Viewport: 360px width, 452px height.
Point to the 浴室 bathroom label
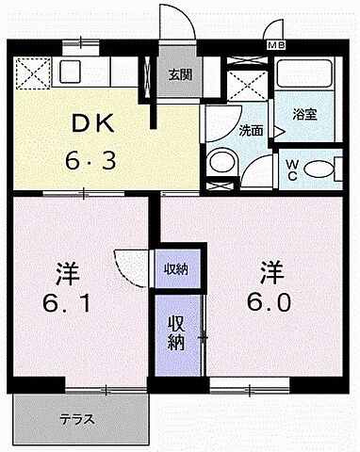click(x=303, y=115)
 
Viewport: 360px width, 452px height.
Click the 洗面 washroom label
click(x=249, y=131)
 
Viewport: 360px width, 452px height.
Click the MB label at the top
click(x=275, y=44)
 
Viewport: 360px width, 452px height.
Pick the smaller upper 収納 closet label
click(x=176, y=269)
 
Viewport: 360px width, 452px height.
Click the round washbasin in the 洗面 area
click(x=222, y=163)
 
